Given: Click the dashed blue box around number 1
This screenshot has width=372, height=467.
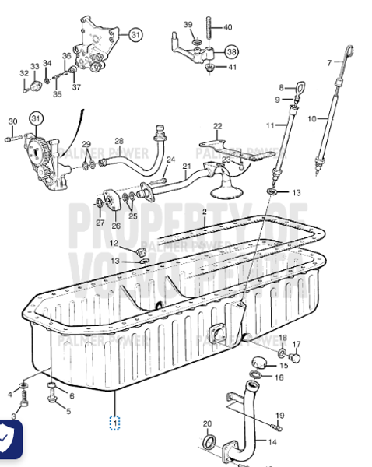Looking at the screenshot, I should click(x=114, y=423).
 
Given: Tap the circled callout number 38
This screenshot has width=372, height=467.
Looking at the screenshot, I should click(x=231, y=51).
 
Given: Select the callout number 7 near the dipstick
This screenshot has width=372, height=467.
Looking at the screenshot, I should click(x=329, y=61).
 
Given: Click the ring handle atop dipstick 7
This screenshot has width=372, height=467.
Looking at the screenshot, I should click(x=351, y=54).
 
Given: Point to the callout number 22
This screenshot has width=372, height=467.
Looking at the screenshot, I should click(x=218, y=126).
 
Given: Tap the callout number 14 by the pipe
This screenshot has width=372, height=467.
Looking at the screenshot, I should click(x=272, y=442).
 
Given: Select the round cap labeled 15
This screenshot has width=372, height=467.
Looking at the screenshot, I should click(x=261, y=362).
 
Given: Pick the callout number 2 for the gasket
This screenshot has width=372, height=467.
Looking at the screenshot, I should click(x=204, y=212).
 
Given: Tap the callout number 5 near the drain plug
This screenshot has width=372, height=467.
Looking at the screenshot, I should click(x=68, y=411).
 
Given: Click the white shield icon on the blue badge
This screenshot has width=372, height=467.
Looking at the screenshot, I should click(x=7, y=441).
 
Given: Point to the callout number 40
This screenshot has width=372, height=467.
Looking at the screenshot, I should click(x=227, y=27).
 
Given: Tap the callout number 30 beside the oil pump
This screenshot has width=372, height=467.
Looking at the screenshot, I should click(x=12, y=121).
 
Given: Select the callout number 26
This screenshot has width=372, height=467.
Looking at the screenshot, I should click(x=116, y=226).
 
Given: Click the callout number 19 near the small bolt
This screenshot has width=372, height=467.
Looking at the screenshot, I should click(x=279, y=415).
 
